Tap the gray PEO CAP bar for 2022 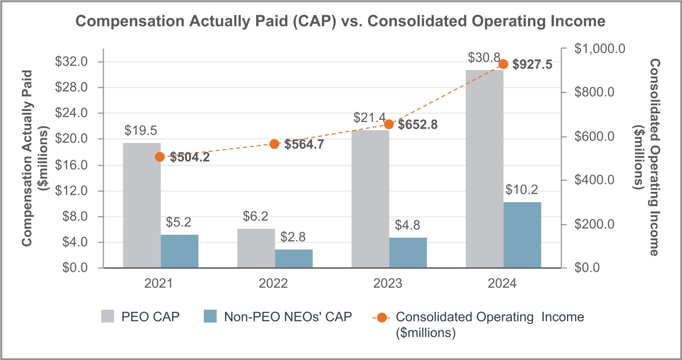(x=256, y=249)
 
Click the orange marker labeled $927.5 (x=503, y=64)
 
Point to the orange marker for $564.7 (x=274, y=144)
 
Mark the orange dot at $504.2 (x=160, y=157)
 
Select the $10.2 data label (x=522, y=190)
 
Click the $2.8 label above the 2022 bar (x=294, y=237)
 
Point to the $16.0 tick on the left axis (x=71, y=165)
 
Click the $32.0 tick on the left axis (x=71, y=62)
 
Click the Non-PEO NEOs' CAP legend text (x=288, y=317)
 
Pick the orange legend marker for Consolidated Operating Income (x=381, y=317)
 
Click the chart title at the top (x=340, y=22)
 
